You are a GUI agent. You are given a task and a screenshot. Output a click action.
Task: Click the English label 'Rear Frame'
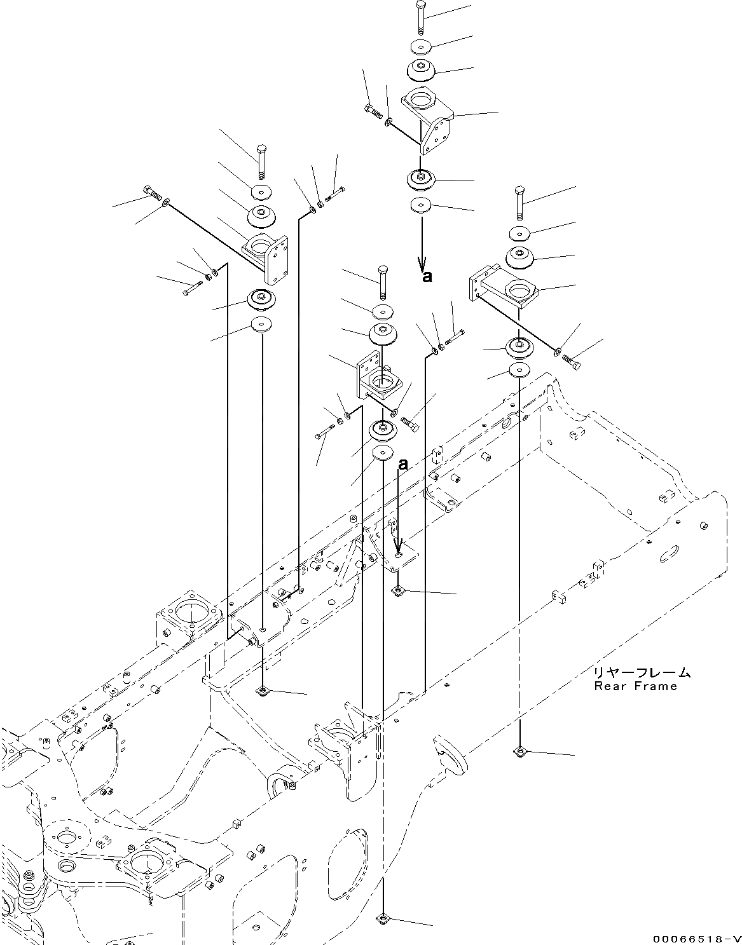click(x=635, y=686)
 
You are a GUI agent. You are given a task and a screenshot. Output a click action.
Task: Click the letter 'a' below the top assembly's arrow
click(x=427, y=276)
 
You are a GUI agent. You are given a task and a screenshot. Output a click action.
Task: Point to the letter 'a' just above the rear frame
click(x=402, y=465)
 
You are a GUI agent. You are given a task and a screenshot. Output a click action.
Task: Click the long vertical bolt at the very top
click(x=422, y=18)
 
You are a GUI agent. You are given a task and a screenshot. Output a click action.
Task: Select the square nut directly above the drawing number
click(x=521, y=752)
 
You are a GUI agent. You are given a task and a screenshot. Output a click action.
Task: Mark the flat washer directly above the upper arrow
click(x=420, y=206)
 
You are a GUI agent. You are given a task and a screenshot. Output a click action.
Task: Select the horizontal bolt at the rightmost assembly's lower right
click(x=572, y=362)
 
